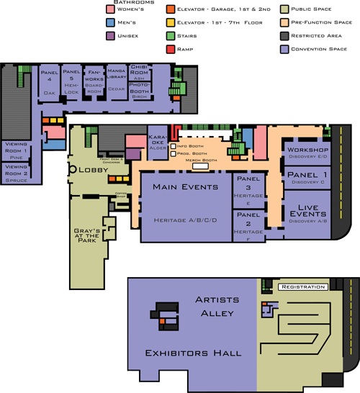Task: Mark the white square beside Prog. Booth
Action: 174,153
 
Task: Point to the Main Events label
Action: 184,187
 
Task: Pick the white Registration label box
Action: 303,286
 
